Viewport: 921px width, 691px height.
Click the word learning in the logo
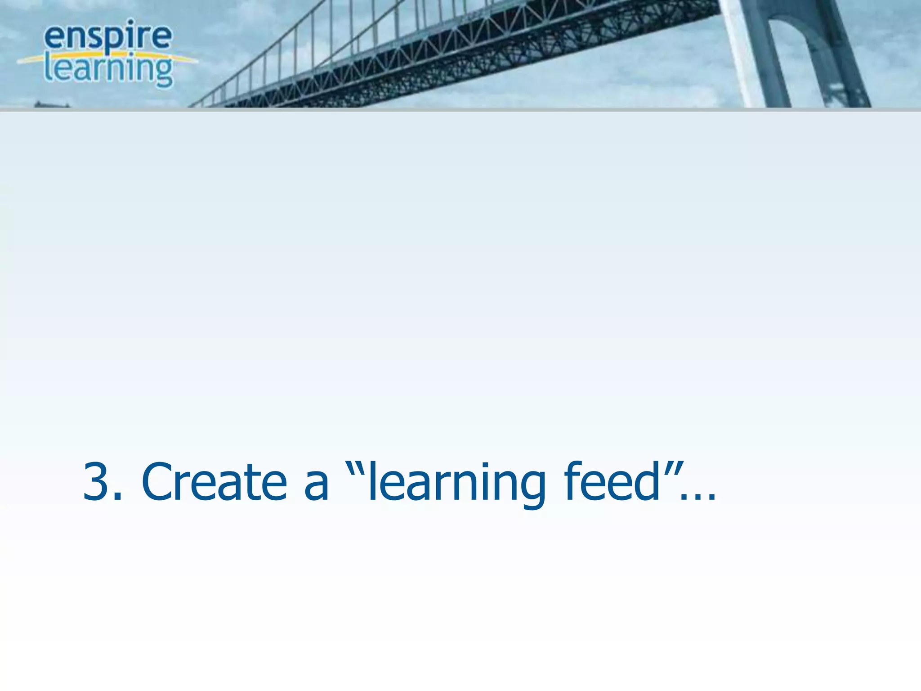(108, 69)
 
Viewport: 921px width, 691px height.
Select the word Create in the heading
(214, 482)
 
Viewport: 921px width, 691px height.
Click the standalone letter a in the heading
(316, 486)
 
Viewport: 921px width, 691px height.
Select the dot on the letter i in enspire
(130, 21)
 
